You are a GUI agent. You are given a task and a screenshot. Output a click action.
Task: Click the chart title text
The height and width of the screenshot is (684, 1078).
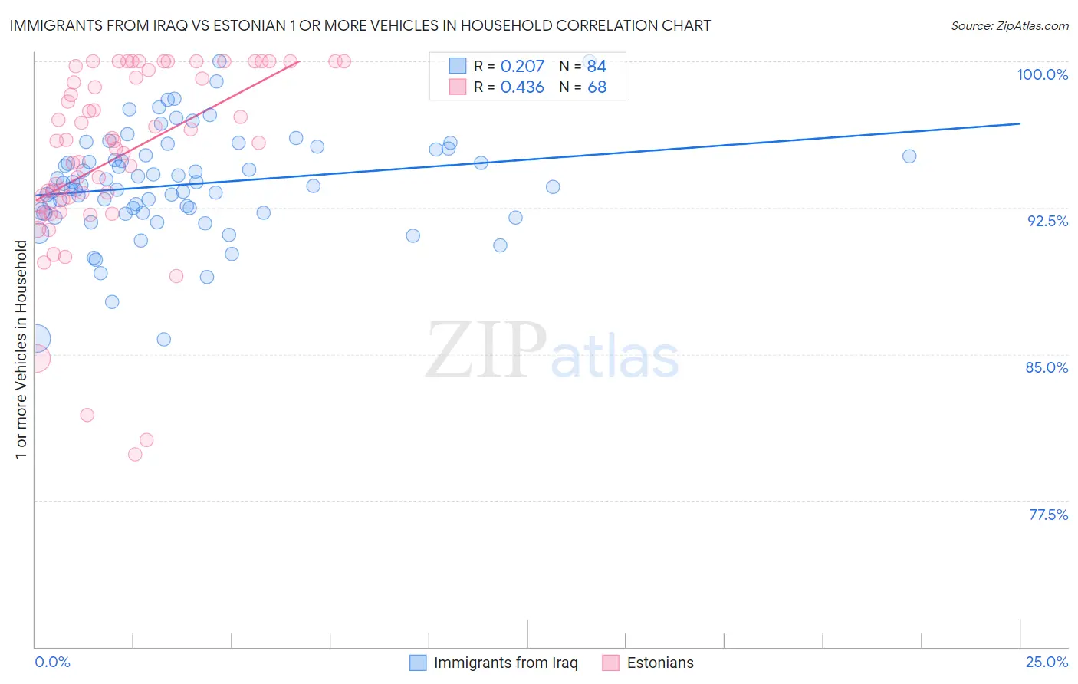pyautogui.click(x=360, y=25)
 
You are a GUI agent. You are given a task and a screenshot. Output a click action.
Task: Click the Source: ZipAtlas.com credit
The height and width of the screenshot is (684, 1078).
pyautogui.click(x=1009, y=25)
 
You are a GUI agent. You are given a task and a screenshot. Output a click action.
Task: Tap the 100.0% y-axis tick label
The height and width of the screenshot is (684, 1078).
pyautogui.click(x=1042, y=74)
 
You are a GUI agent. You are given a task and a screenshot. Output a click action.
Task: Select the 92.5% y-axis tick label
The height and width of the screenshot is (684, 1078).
pyautogui.click(x=1047, y=221)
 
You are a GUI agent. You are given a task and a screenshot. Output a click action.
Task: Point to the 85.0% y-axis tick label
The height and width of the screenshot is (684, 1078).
pyautogui.click(x=1047, y=367)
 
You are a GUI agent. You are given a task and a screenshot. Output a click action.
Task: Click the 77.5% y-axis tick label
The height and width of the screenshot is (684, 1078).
pyautogui.click(x=1048, y=515)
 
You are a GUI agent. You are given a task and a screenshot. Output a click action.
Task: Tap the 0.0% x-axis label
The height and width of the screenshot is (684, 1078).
pyautogui.click(x=52, y=662)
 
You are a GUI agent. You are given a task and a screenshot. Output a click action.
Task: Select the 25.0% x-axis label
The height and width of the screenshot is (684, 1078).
pyautogui.click(x=1047, y=662)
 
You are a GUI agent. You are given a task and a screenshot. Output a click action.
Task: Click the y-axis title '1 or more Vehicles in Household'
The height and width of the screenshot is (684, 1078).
pyautogui.click(x=21, y=350)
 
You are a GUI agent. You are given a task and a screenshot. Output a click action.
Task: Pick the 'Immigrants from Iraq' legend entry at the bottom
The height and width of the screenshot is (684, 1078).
pyautogui.click(x=505, y=663)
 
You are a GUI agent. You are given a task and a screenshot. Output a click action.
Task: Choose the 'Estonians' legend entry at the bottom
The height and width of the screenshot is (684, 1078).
pyautogui.click(x=659, y=663)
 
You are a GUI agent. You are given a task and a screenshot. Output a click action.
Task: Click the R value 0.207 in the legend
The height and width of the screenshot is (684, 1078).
pyautogui.click(x=522, y=67)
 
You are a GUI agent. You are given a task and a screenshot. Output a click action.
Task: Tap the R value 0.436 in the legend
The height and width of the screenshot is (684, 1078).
pyautogui.click(x=522, y=87)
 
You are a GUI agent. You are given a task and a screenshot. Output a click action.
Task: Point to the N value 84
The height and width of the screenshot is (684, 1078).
pyautogui.click(x=597, y=67)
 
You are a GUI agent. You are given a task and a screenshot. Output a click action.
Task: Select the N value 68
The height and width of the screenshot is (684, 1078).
pyautogui.click(x=597, y=87)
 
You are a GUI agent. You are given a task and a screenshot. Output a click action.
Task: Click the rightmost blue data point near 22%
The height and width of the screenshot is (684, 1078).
pyautogui.click(x=909, y=156)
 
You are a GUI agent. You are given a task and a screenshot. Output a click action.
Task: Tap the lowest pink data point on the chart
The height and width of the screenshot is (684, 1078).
pyautogui.click(x=135, y=454)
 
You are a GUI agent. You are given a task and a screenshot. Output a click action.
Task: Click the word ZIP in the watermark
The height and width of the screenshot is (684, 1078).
pyautogui.click(x=486, y=351)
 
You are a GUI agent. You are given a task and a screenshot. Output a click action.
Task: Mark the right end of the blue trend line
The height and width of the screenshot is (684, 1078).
pyautogui.click(x=1020, y=123)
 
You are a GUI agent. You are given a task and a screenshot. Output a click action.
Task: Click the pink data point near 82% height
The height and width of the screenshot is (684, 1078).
pyautogui.click(x=87, y=415)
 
